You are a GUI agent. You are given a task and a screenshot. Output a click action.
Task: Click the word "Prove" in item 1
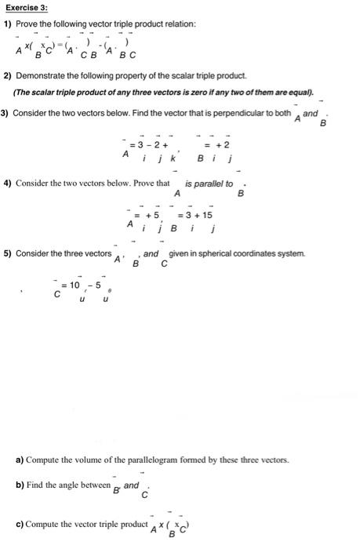29,24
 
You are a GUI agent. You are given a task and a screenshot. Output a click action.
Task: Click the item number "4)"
8,184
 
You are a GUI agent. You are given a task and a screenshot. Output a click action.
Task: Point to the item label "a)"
20,459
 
